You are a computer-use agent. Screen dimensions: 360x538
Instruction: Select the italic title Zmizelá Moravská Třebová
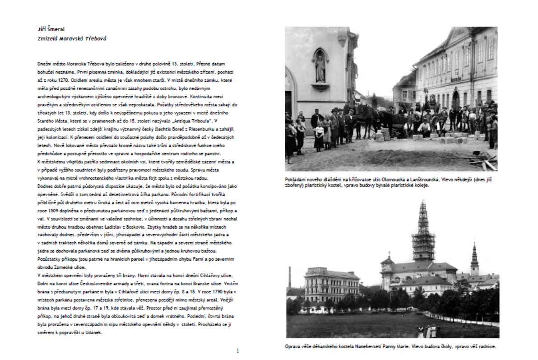(x=72, y=39)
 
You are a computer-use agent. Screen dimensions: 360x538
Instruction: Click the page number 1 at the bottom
(x=238, y=351)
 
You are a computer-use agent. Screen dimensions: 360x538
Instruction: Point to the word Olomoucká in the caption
(x=388, y=180)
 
